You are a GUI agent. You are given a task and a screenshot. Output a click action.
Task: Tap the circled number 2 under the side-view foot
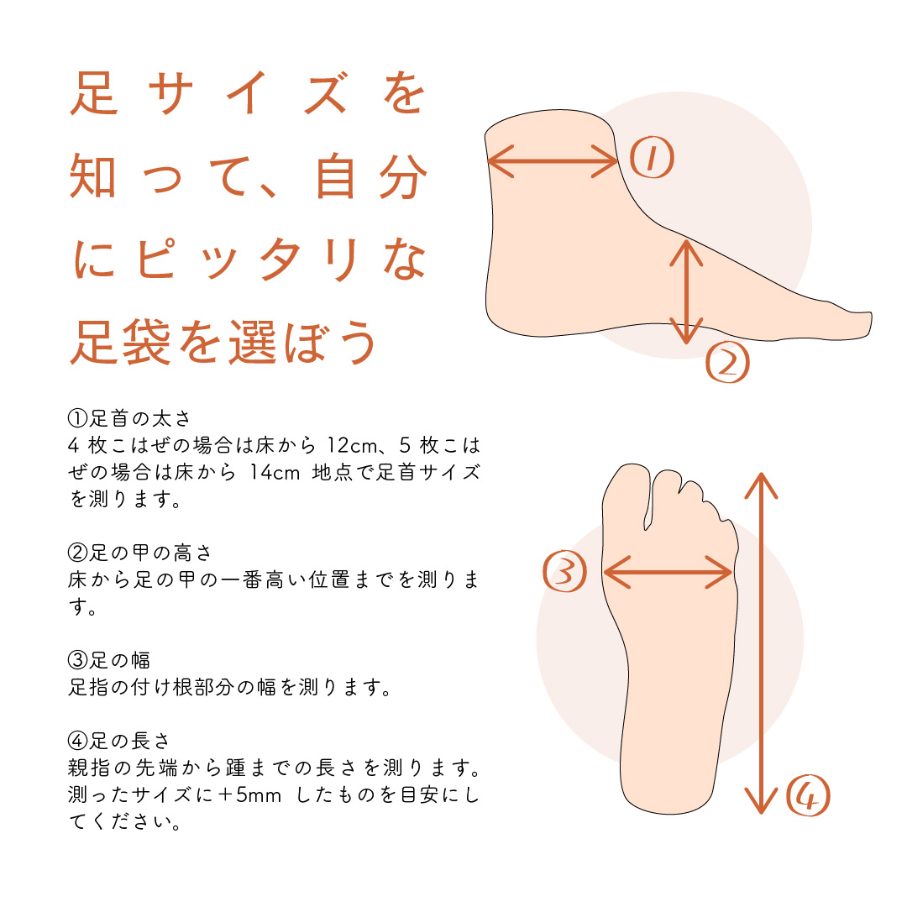727,362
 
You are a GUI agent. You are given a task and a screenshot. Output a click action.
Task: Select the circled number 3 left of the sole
565,573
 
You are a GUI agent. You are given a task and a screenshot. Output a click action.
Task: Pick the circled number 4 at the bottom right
807,795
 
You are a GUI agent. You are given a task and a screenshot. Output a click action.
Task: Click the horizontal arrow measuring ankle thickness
553,160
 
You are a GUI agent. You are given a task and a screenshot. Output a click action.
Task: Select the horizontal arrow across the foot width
668,574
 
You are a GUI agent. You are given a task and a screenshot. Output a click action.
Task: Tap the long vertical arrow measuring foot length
761,642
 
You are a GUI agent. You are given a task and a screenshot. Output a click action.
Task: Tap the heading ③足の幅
109,661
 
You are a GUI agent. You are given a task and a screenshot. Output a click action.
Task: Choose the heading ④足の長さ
119,742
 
